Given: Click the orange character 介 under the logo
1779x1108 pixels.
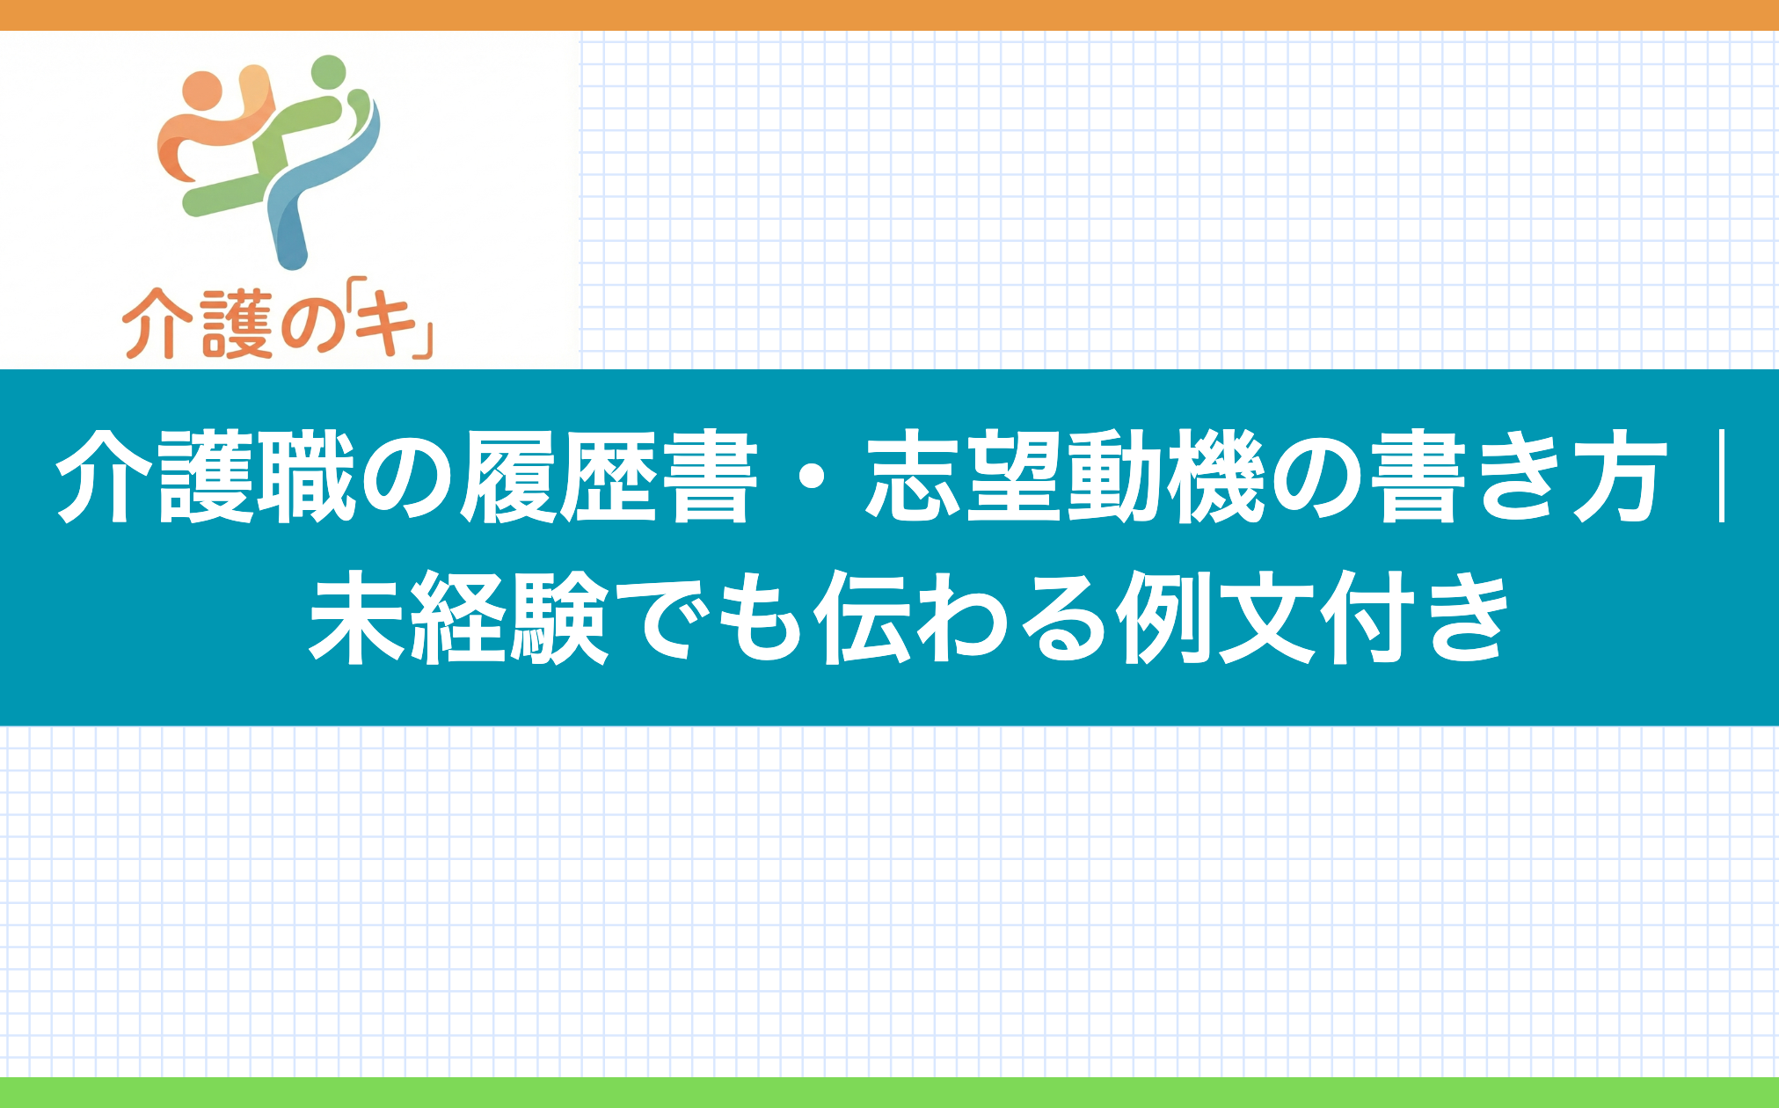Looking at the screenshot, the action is point(157,325).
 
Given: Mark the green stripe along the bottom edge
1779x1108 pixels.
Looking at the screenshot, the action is point(889,1092).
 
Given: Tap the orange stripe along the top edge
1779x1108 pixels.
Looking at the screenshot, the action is point(889,15).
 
